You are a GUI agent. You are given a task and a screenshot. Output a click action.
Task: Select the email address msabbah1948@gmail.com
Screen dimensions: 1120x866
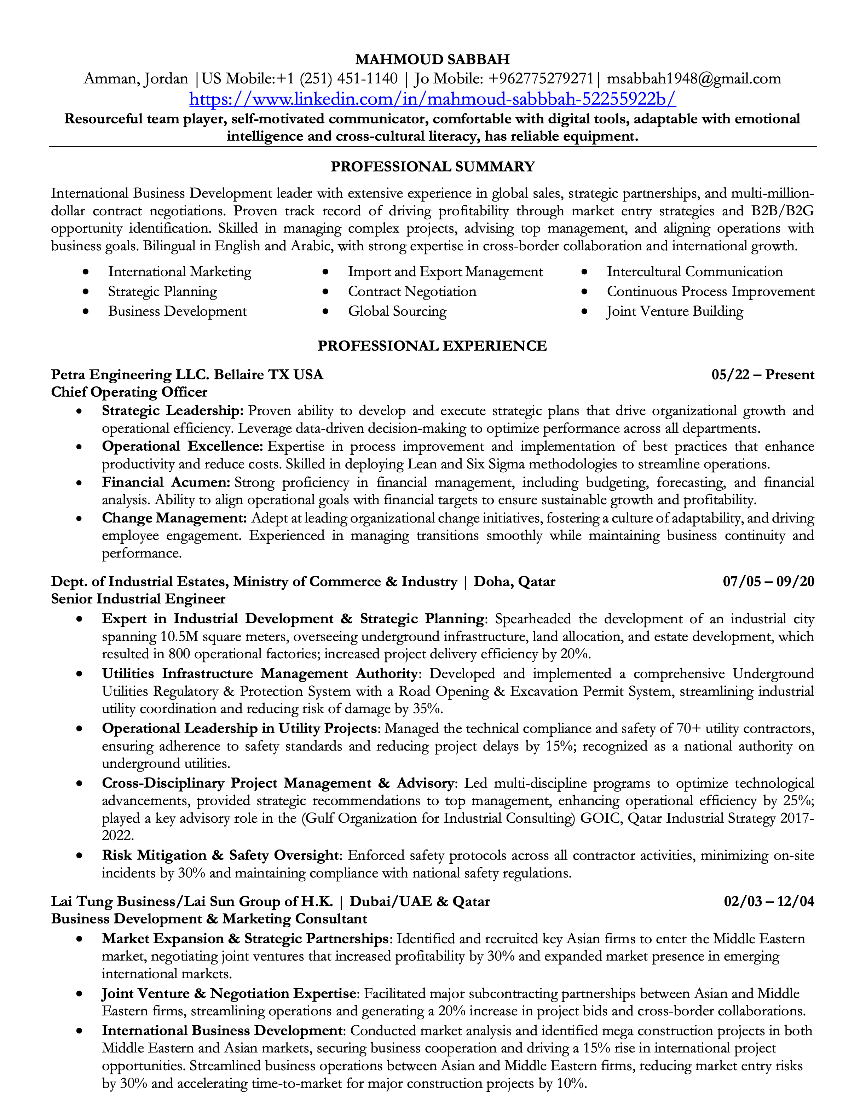coord(694,79)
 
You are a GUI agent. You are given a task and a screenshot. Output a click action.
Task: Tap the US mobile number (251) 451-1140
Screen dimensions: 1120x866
coord(348,79)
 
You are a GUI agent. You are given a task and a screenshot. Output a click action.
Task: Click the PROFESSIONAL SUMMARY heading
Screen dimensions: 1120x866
coord(433,167)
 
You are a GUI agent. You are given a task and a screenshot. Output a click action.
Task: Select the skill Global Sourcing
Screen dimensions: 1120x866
coord(397,311)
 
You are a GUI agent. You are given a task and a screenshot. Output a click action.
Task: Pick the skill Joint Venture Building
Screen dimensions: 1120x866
coord(675,311)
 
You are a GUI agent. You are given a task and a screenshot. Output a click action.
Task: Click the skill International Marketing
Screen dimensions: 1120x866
coord(180,272)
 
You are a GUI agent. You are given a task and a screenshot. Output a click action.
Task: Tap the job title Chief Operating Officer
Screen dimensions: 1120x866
coord(129,392)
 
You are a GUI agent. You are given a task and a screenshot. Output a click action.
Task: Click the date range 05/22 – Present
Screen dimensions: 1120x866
coord(762,375)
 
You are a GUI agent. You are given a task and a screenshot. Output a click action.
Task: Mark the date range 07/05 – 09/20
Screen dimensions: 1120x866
coord(768,582)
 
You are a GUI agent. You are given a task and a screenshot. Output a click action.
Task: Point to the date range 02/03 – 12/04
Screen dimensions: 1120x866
coord(768,902)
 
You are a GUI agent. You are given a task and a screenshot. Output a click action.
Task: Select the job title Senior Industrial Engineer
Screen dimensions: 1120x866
coord(138,599)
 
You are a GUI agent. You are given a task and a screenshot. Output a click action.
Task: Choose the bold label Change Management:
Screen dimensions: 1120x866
coord(174,519)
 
